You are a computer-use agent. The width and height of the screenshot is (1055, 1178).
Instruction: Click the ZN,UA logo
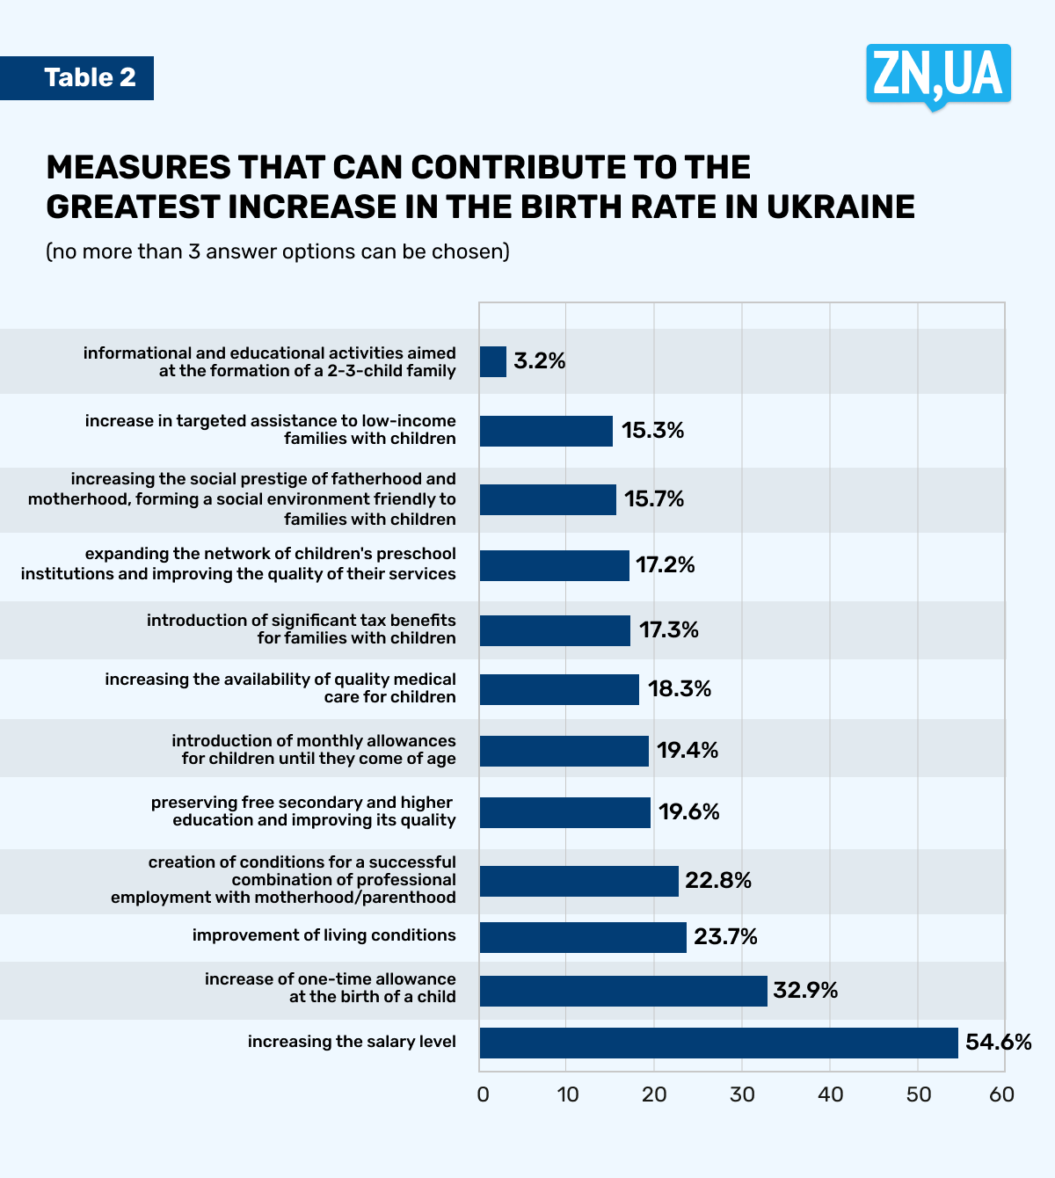938,75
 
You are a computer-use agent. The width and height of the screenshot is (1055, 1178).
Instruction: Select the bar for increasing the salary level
718,1043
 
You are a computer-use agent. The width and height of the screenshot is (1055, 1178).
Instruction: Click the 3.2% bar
493,361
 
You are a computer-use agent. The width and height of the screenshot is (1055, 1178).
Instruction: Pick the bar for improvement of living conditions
583,937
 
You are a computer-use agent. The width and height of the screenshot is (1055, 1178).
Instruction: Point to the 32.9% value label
805,991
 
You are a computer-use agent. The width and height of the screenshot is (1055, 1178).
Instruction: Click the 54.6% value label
998,1043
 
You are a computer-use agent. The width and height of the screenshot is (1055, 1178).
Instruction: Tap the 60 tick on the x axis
1001,1094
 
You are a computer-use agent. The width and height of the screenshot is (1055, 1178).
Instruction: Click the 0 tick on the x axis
483,1094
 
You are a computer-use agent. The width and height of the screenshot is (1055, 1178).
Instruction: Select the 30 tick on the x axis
742,1094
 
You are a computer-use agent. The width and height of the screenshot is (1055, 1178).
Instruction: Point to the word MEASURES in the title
139,167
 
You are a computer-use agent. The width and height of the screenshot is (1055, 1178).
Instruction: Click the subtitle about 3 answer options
278,251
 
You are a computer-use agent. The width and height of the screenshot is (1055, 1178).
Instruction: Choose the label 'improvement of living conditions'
324,935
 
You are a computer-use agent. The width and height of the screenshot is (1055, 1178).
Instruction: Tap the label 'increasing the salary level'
352,1042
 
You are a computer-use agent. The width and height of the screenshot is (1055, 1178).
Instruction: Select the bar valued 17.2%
554,565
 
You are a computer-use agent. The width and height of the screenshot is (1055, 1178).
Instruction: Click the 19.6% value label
689,811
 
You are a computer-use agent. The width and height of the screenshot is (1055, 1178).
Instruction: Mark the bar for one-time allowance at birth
623,991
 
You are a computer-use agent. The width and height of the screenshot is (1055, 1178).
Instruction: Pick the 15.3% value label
652,430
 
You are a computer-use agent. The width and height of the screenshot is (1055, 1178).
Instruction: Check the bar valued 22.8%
579,881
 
